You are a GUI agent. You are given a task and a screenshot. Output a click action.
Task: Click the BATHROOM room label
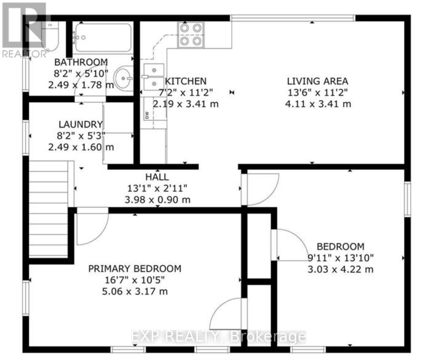(x=81, y=62)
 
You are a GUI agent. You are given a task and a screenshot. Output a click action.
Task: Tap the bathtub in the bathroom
(x=103, y=38)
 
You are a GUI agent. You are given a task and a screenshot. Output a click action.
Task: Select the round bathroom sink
(x=123, y=78)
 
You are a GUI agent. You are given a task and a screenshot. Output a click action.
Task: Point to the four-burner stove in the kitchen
(x=191, y=35)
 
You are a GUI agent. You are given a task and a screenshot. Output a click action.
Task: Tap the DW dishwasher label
(x=147, y=115)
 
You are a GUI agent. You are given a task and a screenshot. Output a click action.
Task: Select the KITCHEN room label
(x=186, y=81)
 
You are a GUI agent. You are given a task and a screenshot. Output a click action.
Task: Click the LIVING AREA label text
(x=318, y=81)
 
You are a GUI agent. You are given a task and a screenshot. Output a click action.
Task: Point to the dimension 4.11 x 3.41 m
(x=318, y=104)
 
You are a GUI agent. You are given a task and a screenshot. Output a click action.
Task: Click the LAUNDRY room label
(x=81, y=124)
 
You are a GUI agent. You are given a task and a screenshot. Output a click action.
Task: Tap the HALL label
(x=157, y=177)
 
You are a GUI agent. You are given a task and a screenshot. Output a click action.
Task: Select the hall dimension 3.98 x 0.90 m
(x=157, y=200)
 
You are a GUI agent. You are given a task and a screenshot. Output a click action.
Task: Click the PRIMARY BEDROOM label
(x=135, y=269)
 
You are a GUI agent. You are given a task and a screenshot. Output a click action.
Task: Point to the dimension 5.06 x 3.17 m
(x=135, y=291)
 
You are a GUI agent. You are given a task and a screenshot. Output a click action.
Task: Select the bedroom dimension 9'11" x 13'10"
(x=341, y=258)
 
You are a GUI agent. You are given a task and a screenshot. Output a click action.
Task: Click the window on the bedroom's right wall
(x=407, y=199)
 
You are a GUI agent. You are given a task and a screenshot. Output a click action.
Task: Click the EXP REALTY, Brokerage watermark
(x=218, y=336)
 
